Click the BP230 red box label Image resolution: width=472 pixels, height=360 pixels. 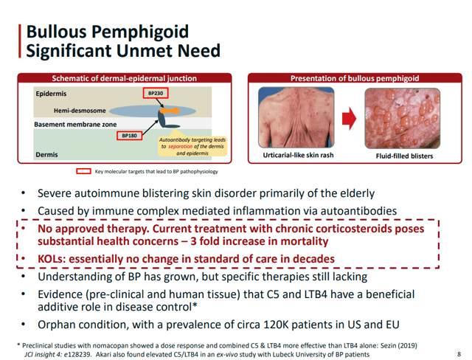tap(156, 93)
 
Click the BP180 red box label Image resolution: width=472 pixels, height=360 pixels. tap(130, 136)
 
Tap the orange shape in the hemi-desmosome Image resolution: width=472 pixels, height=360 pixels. tap(170, 111)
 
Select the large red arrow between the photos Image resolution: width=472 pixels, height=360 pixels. tap(349, 118)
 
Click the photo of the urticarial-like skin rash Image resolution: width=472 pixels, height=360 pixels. tap(296, 117)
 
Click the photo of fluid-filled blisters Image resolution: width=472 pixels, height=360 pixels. tap(403, 118)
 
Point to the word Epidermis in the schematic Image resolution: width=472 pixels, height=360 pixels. tap(51, 94)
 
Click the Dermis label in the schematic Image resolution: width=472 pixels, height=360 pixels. tap(46, 155)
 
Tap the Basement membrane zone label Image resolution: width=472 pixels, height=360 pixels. tap(75, 125)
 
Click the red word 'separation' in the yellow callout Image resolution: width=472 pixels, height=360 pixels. tap(180, 147)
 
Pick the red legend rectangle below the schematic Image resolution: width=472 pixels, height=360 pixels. tap(83, 171)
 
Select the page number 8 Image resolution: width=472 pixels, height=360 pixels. tap(459, 354)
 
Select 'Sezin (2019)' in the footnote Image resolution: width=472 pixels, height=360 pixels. tap(399, 346)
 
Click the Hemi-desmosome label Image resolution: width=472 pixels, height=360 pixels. tap(80, 111)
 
